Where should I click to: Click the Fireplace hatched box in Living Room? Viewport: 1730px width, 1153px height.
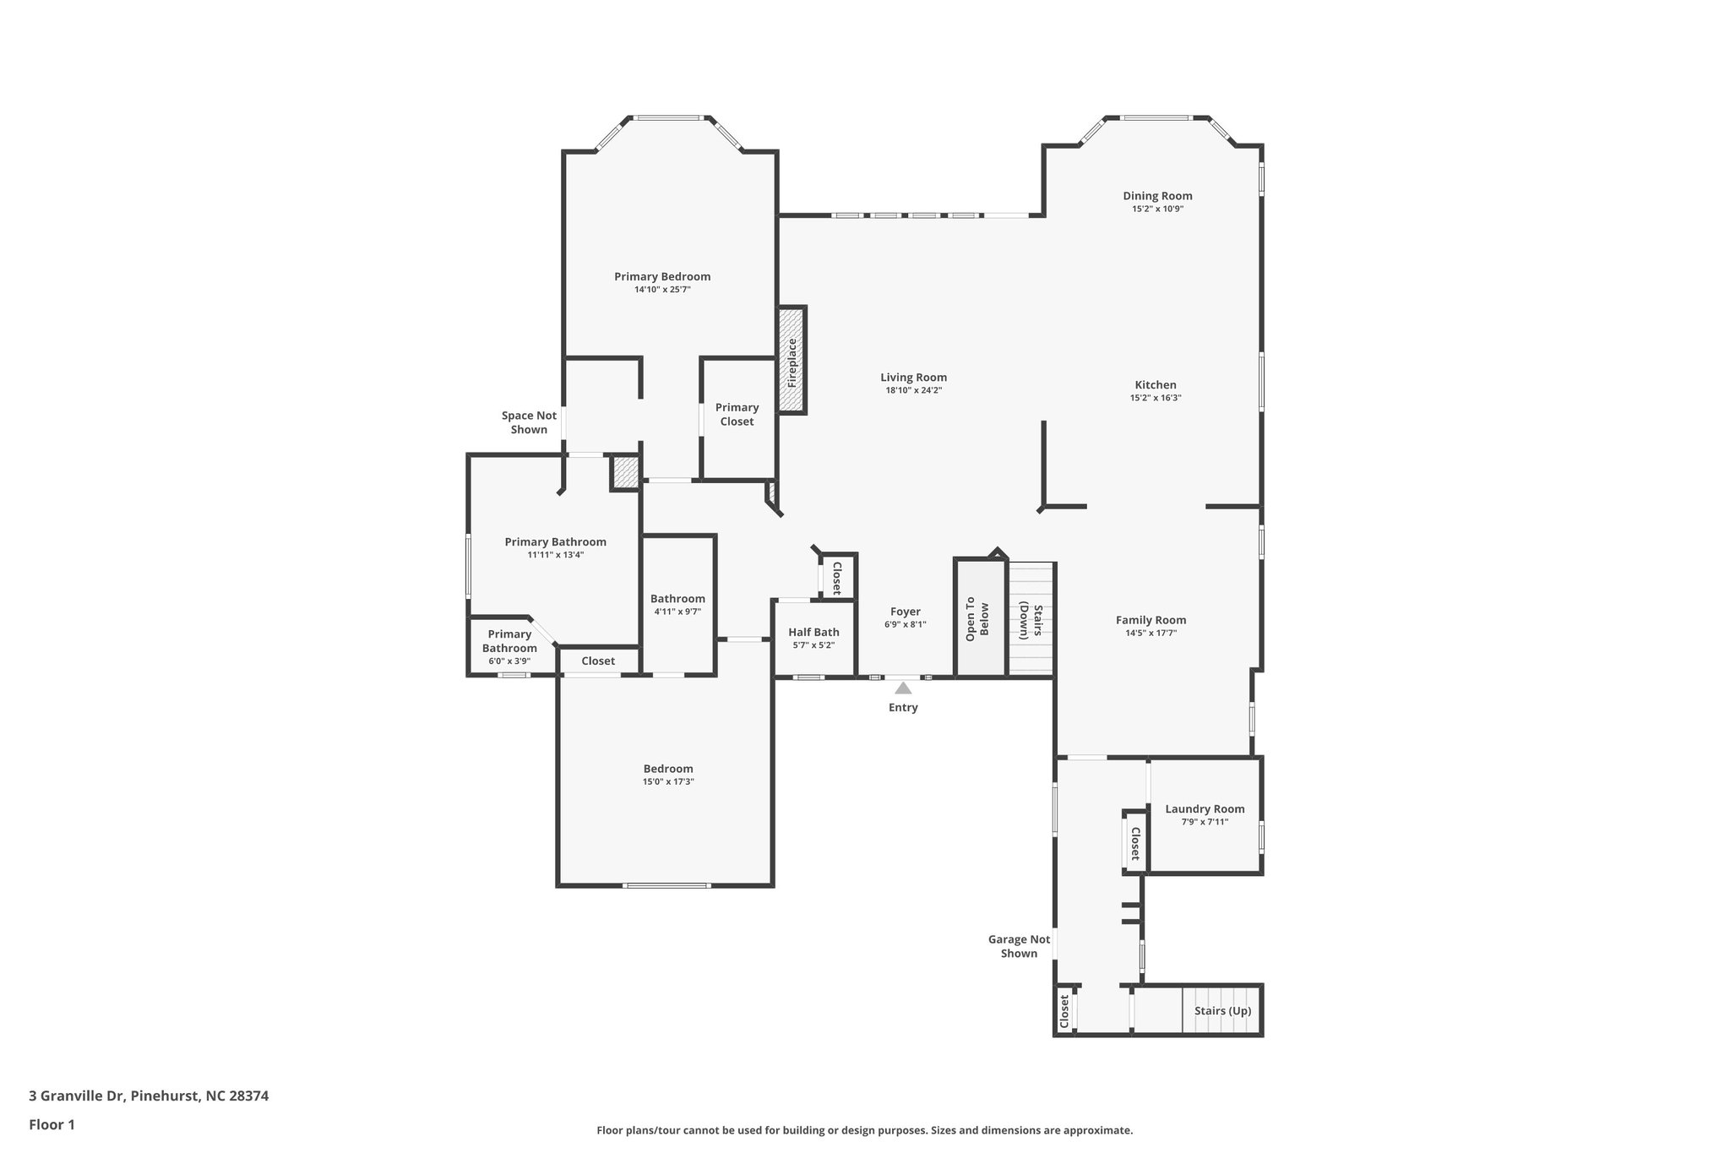pos(792,361)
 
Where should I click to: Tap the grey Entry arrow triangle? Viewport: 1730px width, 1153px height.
pos(903,688)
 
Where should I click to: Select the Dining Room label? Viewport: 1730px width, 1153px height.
pos(1157,196)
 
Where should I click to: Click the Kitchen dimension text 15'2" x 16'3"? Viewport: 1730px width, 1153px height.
pos(1156,398)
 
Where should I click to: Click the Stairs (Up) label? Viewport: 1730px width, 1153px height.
pos(1222,1011)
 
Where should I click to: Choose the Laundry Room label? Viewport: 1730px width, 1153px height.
pos(1205,809)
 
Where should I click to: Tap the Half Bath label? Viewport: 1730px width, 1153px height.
pos(813,632)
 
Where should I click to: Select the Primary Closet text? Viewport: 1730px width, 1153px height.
pos(737,415)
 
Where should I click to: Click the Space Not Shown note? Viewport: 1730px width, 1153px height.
pos(529,422)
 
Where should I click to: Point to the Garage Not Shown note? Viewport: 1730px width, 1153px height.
pos(1019,946)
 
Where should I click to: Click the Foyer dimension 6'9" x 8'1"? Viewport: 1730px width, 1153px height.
pos(906,625)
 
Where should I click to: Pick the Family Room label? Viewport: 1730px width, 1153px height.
pos(1151,620)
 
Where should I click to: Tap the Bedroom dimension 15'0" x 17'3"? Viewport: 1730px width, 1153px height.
pos(668,782)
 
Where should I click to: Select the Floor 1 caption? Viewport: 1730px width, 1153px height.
pos(52,1124)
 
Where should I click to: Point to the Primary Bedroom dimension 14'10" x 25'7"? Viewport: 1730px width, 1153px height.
pos(662,290)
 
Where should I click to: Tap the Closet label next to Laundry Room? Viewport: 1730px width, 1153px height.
pos(1135,843)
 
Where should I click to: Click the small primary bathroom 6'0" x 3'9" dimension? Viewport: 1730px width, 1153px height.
pos(509,661)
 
